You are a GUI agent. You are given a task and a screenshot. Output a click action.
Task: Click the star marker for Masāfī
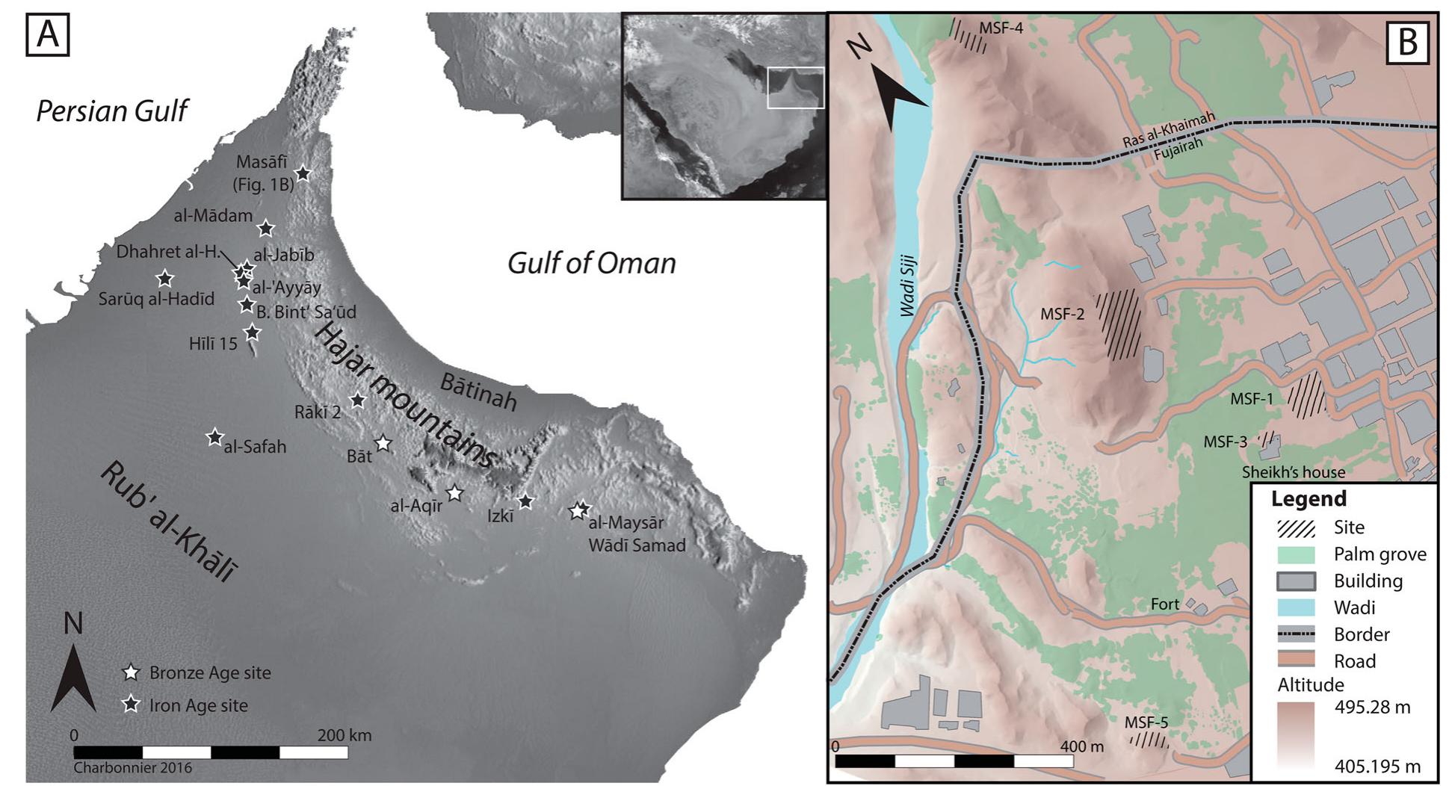[303, 173]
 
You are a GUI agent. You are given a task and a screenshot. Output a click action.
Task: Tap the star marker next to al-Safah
[215, 437]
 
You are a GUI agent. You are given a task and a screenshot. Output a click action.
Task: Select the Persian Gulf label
[112, 111]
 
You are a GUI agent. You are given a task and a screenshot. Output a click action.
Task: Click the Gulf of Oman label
[591, 263]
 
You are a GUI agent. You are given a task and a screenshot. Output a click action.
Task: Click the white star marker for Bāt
[383, 443]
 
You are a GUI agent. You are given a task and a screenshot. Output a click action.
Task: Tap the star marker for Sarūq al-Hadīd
[165, 279]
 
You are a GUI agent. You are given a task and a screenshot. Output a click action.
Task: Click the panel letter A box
[48, 34]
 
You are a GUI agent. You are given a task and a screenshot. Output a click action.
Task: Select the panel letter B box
[1407, 43]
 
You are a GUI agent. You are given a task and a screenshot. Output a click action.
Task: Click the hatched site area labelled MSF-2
[1119, 324]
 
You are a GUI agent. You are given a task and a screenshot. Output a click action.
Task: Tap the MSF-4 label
[1001, 28]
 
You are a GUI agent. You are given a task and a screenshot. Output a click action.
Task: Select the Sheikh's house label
[1293, 472]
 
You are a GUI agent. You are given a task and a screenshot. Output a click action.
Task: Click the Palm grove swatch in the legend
[1296, 554]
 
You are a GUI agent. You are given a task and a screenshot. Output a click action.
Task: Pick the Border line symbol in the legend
[1296, 634]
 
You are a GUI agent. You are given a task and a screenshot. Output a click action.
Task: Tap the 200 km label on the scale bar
[344, 734]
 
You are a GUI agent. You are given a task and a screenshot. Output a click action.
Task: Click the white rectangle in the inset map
[796, 87]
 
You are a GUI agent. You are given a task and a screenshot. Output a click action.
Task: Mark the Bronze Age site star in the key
[132, 672]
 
